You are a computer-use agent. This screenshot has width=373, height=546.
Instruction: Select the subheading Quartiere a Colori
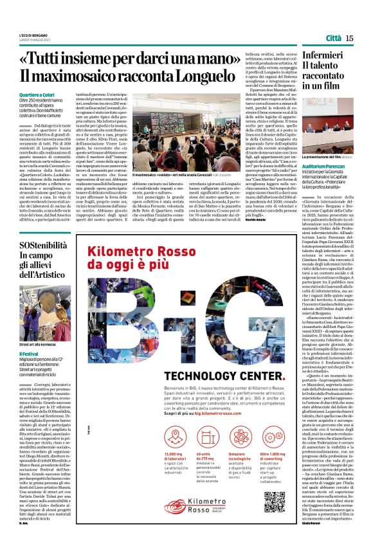pyautogui.click(x=37, y=95)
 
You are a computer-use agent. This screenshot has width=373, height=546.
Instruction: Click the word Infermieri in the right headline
pyautogui.click(x=323, y=57)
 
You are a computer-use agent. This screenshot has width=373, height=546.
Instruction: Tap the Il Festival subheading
pyautogui.click(x=28, y=354)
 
